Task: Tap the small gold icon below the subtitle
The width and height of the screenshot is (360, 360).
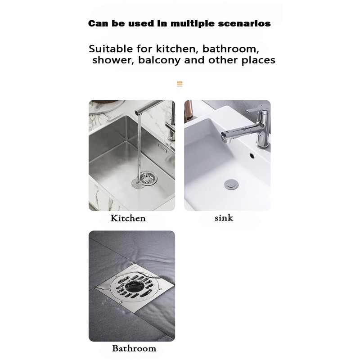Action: [180, 84]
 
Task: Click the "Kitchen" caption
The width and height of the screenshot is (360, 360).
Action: [128, 218]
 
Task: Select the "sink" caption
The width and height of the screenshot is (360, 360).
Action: [224, 218]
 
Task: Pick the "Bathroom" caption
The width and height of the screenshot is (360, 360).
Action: [134, 348]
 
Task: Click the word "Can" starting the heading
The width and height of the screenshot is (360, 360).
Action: [98, 23]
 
